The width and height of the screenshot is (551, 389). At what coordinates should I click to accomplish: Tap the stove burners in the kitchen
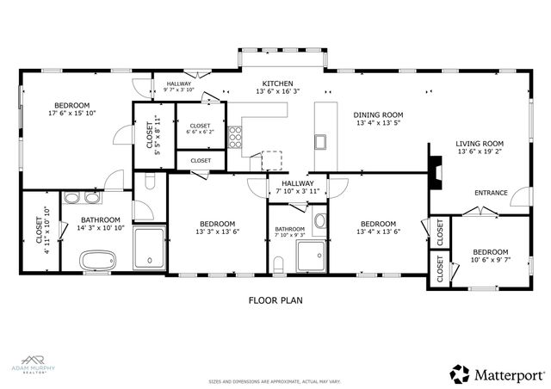[x=234, y=137]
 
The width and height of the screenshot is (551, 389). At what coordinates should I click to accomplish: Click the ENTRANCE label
[x=491, y=193]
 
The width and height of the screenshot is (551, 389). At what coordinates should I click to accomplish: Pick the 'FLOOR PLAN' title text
[x=275, y=301]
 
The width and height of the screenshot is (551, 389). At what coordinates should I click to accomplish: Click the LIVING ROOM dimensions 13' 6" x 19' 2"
[x=479, y=155]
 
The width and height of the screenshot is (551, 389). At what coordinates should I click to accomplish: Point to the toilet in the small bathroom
[x=279, y=262]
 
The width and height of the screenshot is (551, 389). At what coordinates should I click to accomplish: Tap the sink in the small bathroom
[x=319, y=223]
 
